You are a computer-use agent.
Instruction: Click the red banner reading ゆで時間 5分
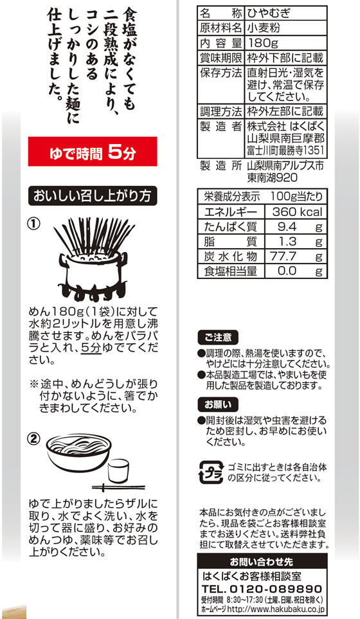[93, 152]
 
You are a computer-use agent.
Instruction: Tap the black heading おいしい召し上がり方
[93, 196]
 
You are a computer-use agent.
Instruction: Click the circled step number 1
[33, 224]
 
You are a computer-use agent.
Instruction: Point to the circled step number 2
[33, 438]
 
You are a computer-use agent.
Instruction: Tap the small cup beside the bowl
[118, 471]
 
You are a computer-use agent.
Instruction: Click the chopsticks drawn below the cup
[118, 488]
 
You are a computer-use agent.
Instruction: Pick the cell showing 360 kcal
[296, 211]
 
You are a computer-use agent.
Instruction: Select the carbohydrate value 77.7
[283, 256]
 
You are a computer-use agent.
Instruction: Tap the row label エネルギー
[231, 212]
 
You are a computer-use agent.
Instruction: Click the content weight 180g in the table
[262, 42]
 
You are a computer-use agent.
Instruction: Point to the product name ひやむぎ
[269, 13]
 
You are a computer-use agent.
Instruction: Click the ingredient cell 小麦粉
[264, 28]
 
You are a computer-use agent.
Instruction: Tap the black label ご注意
[218, 337]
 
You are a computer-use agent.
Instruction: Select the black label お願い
[218, 405]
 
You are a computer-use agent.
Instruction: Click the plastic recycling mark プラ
[212, 472]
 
